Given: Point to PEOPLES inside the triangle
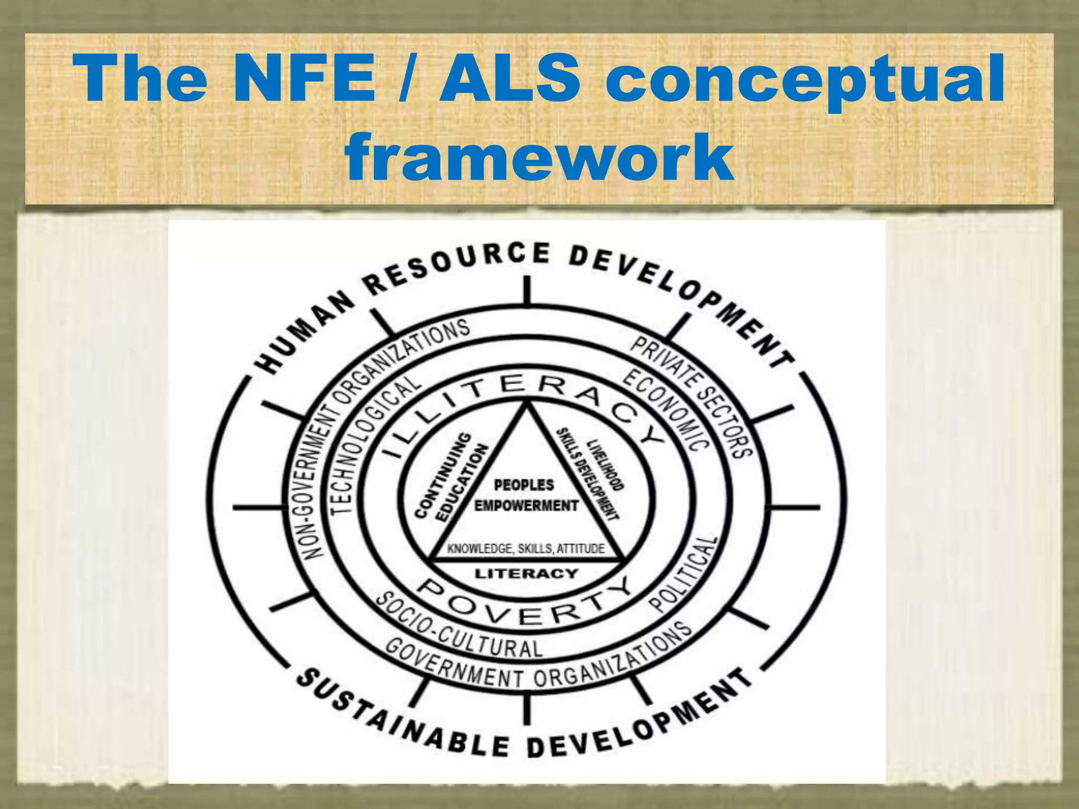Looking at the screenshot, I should pos(524,485).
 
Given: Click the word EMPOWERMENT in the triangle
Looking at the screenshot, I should pos(526,506).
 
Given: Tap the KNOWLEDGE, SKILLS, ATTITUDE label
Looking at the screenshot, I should pos(526,549).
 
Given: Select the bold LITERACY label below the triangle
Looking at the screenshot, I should pos(526,573).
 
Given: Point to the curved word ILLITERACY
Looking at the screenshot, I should pos(522,400).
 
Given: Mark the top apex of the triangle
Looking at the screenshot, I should pos(526,403).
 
